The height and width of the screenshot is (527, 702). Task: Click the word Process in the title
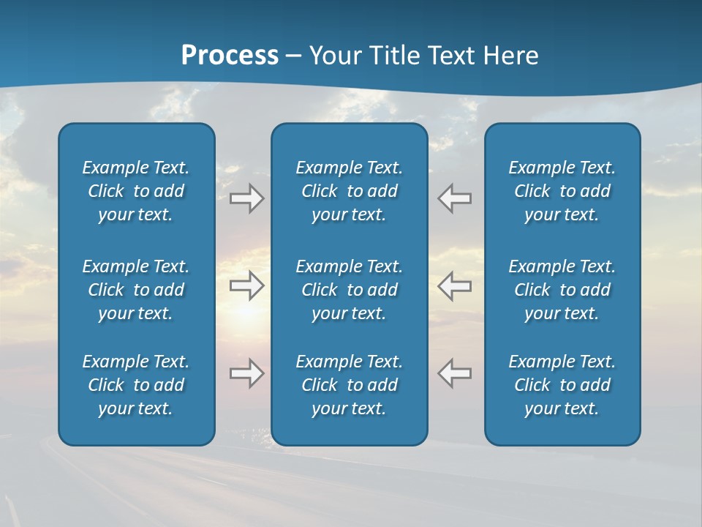(230, 55)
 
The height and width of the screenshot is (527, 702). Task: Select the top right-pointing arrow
(246, 198)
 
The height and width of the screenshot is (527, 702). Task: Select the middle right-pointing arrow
(246, 285)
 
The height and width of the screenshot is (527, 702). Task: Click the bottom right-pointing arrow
(246, 373)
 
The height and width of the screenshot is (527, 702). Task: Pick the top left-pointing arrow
(454, 198)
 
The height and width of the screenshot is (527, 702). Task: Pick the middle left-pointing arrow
(454, 285)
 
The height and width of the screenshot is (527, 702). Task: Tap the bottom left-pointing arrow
(454, 373)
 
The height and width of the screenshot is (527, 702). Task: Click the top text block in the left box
(135, 191)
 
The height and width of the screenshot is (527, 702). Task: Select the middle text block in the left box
(135, 290)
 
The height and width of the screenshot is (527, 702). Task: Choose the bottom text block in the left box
(135, 385)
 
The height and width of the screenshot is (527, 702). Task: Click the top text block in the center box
(349, 191)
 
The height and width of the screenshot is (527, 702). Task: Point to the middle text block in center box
(349, 290)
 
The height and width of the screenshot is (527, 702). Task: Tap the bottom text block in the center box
(349, 385)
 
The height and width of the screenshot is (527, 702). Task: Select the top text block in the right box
(562, 191)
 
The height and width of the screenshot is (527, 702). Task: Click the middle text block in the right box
(562, 290)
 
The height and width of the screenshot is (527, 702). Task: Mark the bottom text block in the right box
(562, 385)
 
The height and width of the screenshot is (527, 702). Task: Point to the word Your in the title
(333, 55)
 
